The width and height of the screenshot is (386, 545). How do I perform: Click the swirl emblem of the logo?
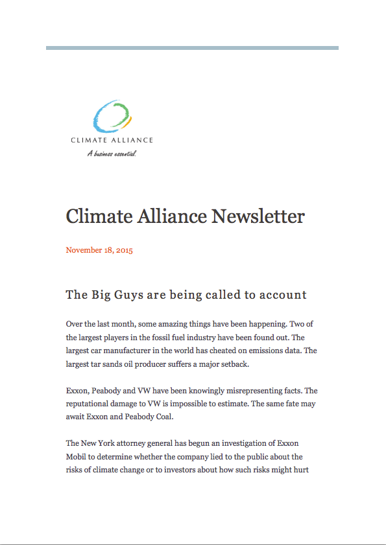pos(111,117)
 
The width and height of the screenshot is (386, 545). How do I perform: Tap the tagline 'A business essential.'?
pos(112,154)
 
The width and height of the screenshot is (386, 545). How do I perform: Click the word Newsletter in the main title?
pos(258,216)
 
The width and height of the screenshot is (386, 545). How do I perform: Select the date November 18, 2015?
pos(99,250)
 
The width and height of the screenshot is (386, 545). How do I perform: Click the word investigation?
pos(248,444)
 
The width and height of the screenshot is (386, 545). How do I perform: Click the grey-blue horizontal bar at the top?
pos(192,48)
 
